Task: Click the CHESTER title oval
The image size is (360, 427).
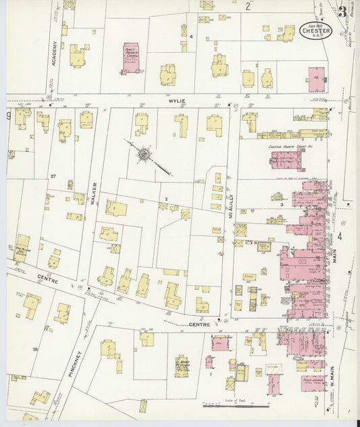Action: [x=315, y=31]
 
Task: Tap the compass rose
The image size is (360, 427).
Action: [x=143, y=155]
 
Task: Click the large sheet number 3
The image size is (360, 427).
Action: [x=344, y=12]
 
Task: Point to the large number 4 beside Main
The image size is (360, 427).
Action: [x=340, y=236]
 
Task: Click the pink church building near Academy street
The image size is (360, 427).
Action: [x=130, y=59]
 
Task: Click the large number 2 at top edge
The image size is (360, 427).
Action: [x=248, y=7]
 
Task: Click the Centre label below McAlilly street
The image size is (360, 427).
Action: [x=199, y=325]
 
